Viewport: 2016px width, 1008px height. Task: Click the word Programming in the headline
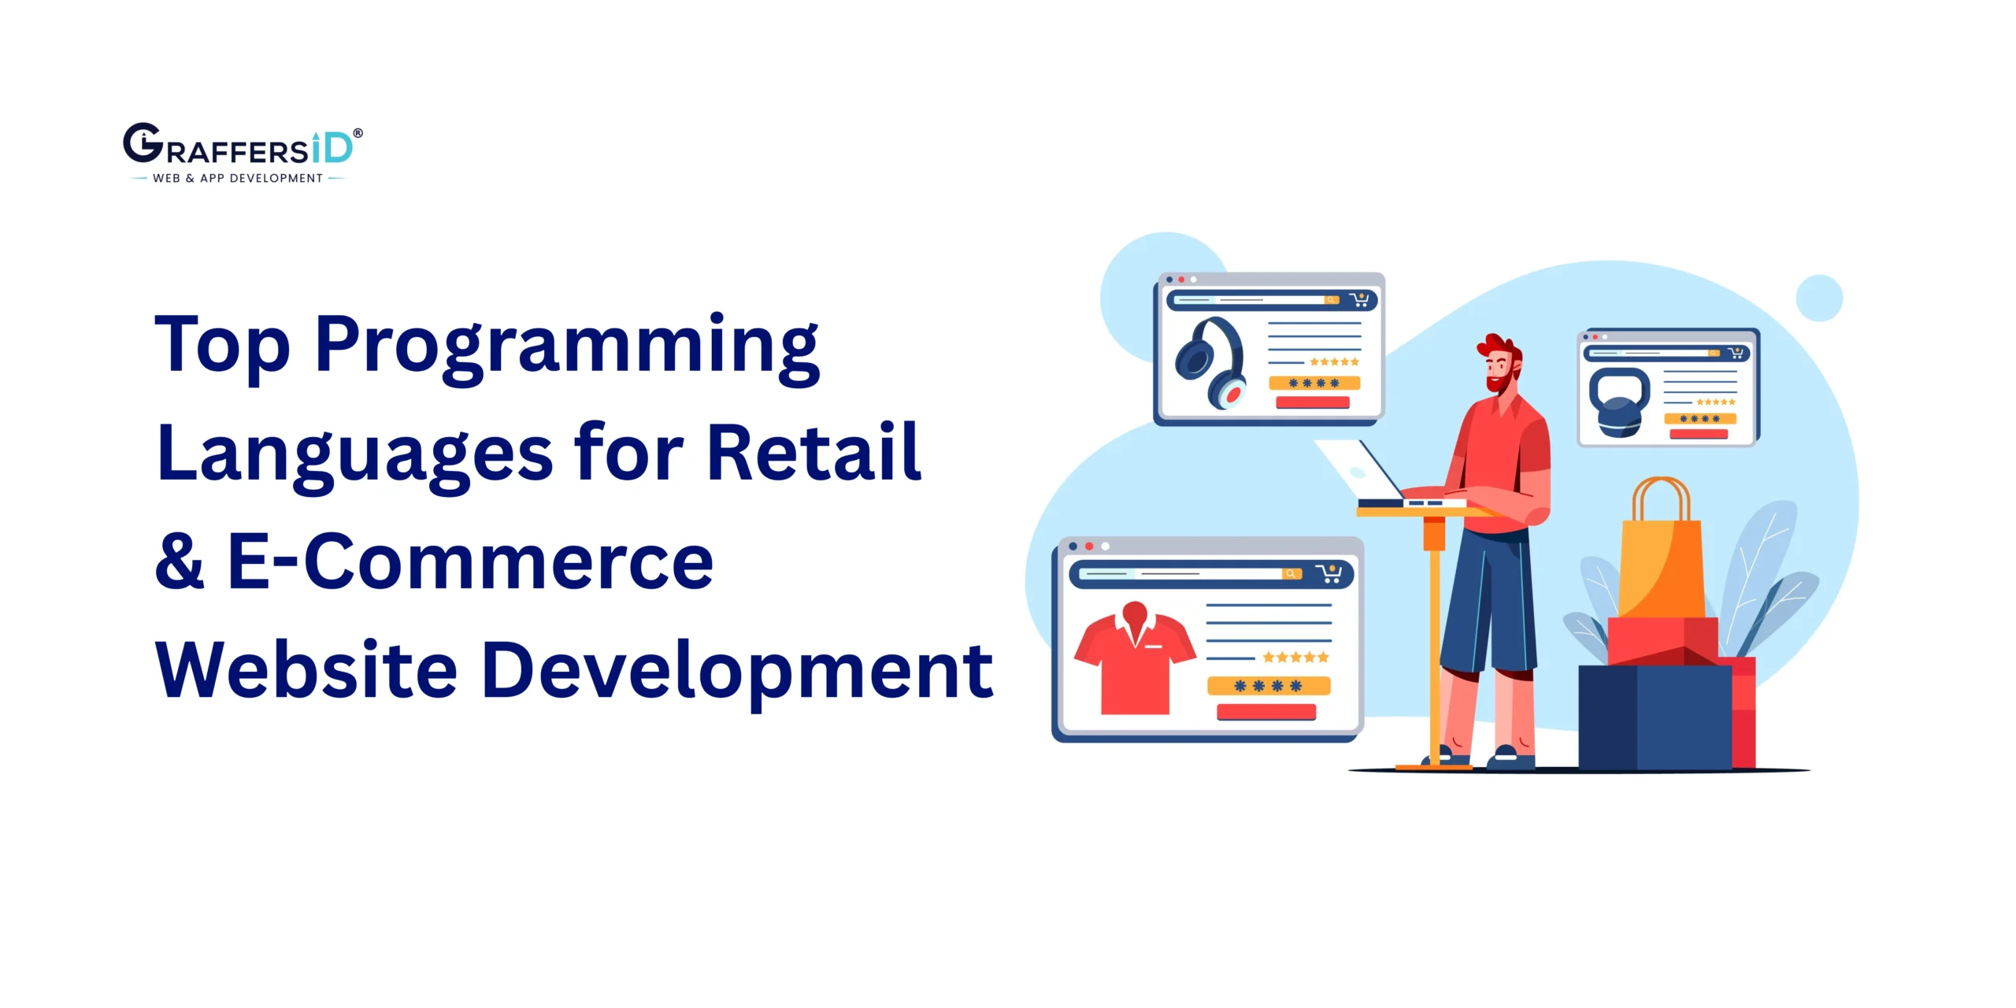(x=567, y=346)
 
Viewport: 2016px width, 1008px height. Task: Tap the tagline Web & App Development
(x=237, y=179)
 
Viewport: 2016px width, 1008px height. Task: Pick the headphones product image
(x=1210, y=361)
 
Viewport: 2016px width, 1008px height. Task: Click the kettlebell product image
(x=1619, y=402)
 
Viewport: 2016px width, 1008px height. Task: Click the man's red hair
(x=1500, y=346)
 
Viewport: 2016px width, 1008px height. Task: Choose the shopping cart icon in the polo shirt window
(x=1330, y=573)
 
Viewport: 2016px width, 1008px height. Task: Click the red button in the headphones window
(x=1312, y=402)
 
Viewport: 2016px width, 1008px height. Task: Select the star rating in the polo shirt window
(x=1295, y=657)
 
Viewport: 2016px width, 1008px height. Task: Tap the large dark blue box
(x=1654, y=717)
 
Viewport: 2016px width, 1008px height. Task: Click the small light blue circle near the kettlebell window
(x=1819, y=298)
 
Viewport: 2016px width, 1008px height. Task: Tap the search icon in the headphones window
(x=1331, y=300)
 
